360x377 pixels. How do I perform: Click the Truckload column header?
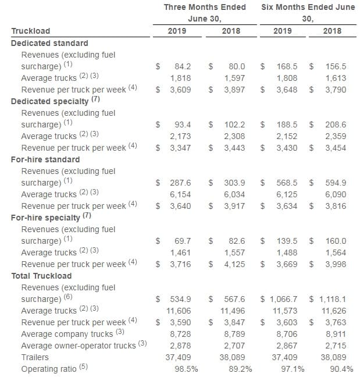(31, 31)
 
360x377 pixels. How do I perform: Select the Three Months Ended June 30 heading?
(205, 13)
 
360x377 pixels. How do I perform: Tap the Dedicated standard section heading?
(49, 43)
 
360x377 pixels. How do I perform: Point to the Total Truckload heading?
(41, 276)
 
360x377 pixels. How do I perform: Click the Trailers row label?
(35, 357)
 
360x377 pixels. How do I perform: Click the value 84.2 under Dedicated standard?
(183, 66)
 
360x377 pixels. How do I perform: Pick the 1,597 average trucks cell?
(234, 78)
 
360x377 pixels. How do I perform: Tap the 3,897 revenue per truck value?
(234, 90)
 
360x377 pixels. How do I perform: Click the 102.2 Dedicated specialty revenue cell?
(234, 125)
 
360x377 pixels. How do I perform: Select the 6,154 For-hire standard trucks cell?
(180, 194)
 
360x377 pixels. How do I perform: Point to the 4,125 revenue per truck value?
(234, 264)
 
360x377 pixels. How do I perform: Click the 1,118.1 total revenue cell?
(333, 299)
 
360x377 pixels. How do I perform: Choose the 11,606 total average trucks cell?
(179, 311)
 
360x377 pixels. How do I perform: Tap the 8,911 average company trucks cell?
(336, 334)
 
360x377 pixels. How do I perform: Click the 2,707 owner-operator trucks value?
(234, 346)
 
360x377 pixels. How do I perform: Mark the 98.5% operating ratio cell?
(186, 369)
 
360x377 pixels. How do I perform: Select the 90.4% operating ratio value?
(341, 369)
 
